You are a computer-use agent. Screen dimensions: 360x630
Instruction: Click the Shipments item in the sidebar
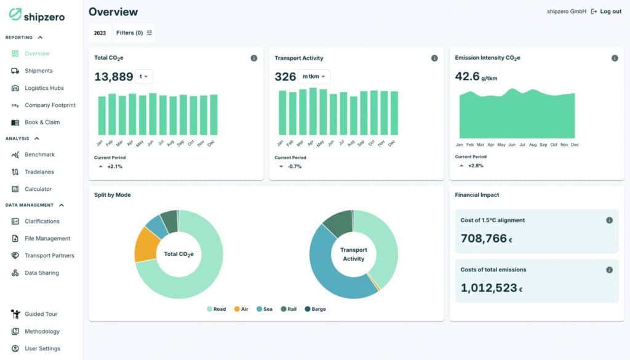coord(38,71)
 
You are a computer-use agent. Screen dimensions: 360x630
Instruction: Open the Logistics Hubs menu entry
coord(44,88)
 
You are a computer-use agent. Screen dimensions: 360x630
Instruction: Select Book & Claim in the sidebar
coord(42,122)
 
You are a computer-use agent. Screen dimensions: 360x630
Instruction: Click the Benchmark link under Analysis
coord(39,154)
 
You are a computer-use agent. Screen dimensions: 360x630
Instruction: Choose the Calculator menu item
coord(38,189)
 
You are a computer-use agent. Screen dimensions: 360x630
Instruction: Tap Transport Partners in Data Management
coord(49,255)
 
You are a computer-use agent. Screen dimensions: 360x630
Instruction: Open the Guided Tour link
coord(41,314)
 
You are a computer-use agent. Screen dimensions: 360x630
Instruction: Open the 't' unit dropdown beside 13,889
coord(144,76)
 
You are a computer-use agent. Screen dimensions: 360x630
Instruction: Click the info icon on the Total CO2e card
coord(254,58)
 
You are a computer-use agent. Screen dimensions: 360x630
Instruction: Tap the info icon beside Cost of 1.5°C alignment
coord(609,220)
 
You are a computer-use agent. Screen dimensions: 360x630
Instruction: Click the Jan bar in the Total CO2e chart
coord(102,116)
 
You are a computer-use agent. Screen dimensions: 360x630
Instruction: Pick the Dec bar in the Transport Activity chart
coord(394,113)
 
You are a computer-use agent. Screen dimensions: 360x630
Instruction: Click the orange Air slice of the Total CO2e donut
coord(146,244)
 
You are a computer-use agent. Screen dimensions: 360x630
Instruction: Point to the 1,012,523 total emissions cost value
coord(489,287)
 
